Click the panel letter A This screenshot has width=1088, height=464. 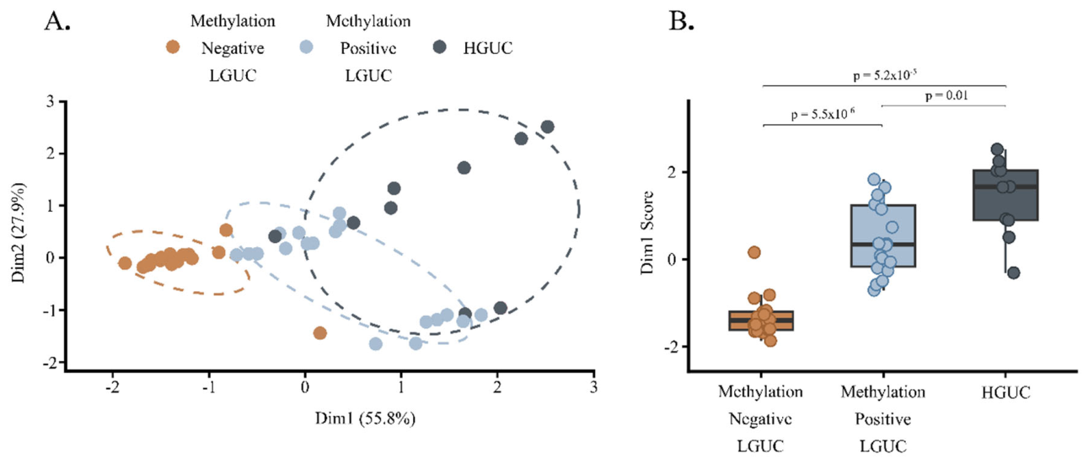coord(57,22)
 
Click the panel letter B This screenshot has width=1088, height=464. coord(681,22)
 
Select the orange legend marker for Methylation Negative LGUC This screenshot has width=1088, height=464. coord(173,47)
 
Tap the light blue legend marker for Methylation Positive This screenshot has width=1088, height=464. coord(306,47)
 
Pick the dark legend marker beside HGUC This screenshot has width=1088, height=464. coord(439,47)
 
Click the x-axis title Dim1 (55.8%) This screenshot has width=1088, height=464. coord(365,418)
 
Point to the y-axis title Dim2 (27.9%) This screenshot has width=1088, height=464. coord(19,233)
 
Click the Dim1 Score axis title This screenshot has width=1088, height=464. coord(646,233)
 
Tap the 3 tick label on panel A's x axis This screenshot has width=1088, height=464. coord(593,387)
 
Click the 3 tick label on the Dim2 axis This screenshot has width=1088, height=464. coord(50,101)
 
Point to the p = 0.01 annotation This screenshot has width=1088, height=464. coord(946,95)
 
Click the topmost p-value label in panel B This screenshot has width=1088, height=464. coord(885,75)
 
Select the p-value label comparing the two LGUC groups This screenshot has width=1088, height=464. coord(823,114)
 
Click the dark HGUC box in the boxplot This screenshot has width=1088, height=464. coord(1005,195)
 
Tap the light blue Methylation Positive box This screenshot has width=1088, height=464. coord(883,236)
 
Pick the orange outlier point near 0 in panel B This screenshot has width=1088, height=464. coord(753,252)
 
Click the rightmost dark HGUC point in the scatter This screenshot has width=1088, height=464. coord(548,127)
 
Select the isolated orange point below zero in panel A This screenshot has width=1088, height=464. coord(319,333)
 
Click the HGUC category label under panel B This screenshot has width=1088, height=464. coord(1005,392)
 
